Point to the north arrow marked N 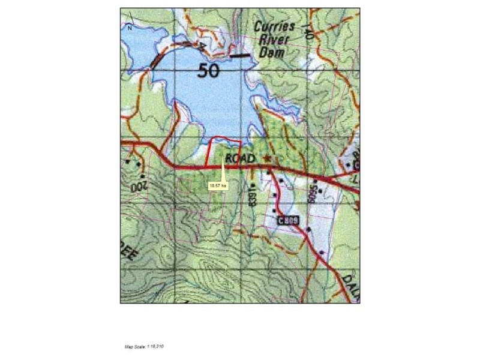coord(130,26)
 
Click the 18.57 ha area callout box coord(218,186)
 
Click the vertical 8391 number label coord(253,196)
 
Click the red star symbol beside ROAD coord(267,159)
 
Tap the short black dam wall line coord(241,56)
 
